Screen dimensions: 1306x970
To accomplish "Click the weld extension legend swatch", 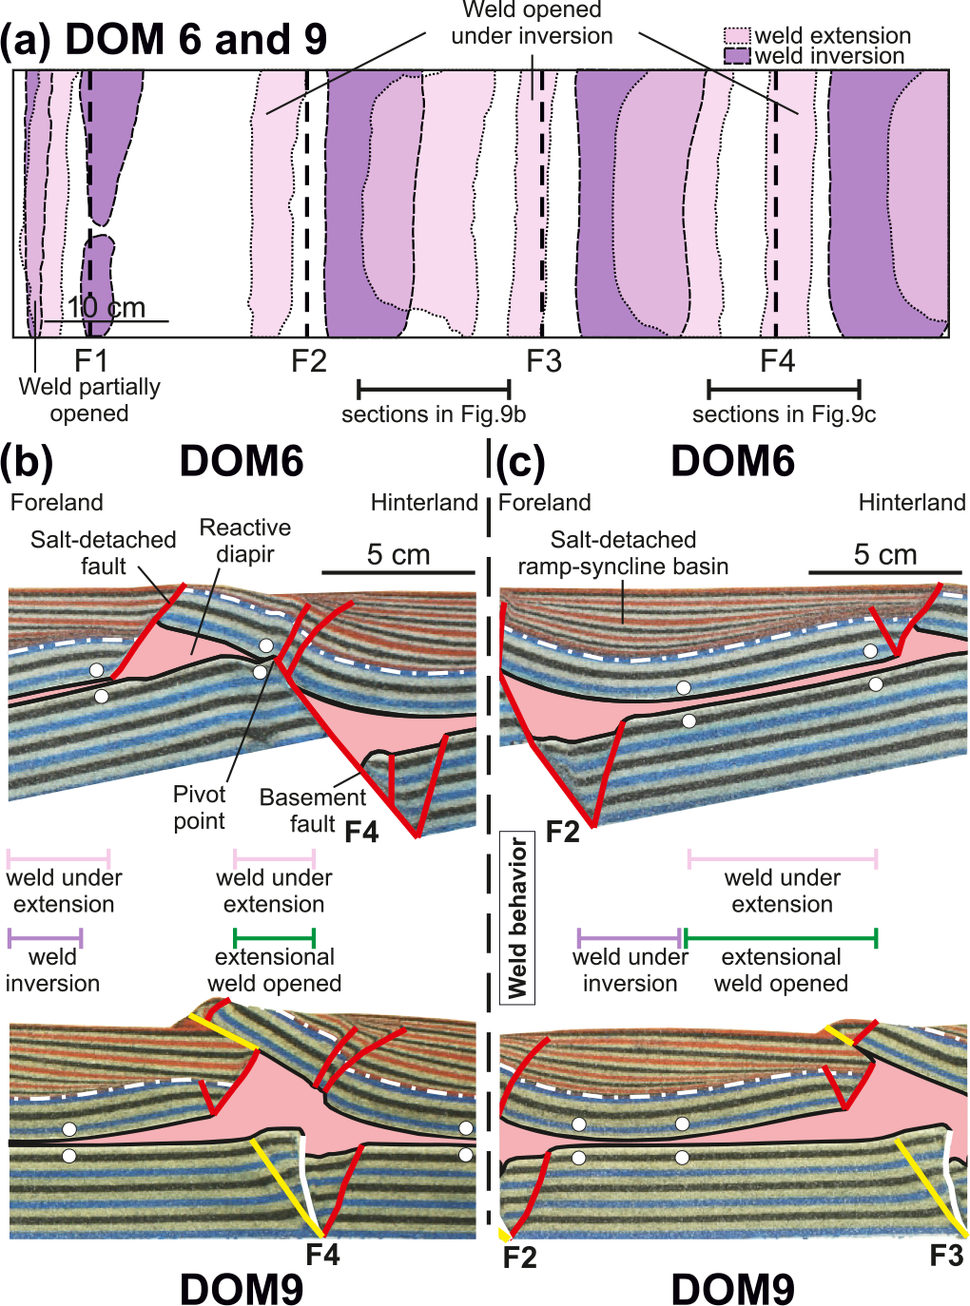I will coord(737,36).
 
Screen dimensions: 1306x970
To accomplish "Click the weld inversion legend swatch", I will coord(737,56).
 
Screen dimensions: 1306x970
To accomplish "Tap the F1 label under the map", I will coord(91,361).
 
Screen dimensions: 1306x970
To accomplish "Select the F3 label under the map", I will coord(544,361).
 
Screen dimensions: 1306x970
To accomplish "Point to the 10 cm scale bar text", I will coord(106,307).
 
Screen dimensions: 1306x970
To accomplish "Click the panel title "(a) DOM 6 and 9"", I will coord(164,40).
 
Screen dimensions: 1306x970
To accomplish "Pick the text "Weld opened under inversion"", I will coord(532,24).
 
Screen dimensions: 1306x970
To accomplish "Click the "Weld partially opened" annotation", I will coord(89,400).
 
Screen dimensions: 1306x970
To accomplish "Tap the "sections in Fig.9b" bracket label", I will coord(434,414).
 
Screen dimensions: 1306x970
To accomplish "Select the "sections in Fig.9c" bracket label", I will coord(784,414).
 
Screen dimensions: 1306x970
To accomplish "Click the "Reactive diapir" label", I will coord(245,541).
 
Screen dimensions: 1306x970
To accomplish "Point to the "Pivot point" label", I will coord(199,808).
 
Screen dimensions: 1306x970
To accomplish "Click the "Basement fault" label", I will coord(312,811).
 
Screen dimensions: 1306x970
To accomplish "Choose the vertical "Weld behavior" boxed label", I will coord(517,917).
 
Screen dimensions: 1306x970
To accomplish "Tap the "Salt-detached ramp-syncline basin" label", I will coord(623,553).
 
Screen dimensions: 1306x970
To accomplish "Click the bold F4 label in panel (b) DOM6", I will coord(361,833).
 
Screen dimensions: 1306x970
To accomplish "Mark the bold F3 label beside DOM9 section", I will coord(946,1256).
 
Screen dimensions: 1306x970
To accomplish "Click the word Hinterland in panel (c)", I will coord(911,503).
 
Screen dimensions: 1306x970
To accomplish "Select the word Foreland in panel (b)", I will coord(57,503).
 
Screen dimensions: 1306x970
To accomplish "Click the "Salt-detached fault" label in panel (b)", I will coord(103,553).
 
